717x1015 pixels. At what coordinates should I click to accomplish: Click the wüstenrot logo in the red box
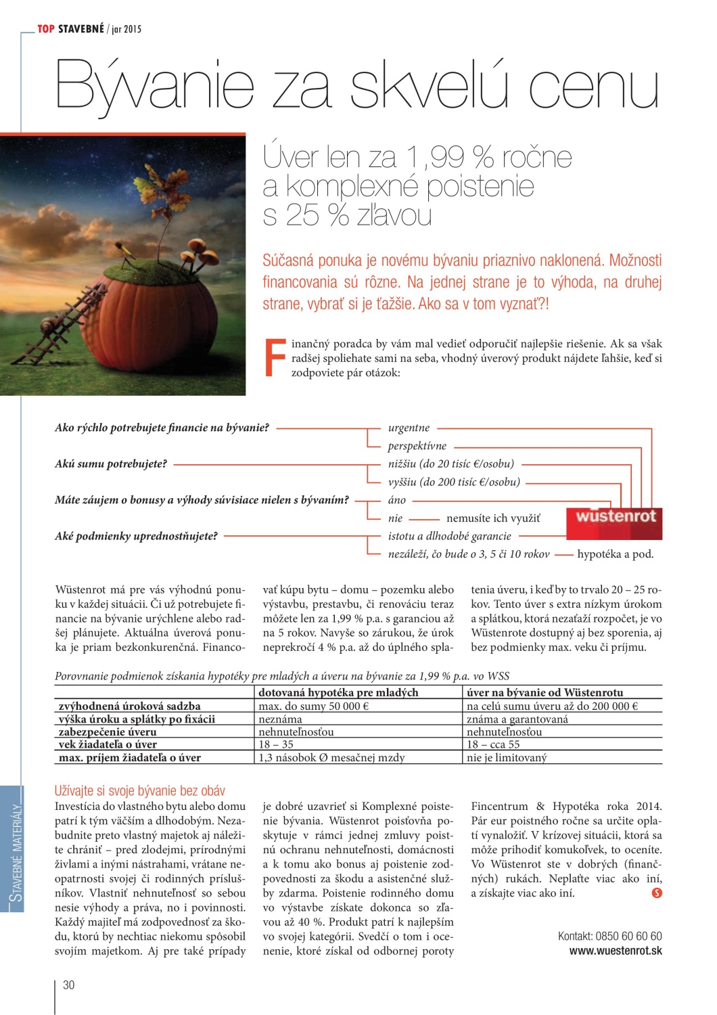[x=616, y=518]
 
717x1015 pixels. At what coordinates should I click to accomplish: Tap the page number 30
[x=68, y=985]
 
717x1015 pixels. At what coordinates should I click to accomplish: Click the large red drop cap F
[x=275, y=357]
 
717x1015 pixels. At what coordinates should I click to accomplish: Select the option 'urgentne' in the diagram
[x=409, y=428]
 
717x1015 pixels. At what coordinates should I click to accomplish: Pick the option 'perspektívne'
[x=417, y=446]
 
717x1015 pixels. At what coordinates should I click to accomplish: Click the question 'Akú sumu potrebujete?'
[x=111, y=464]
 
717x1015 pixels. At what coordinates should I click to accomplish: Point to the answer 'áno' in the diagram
[x=397, y=500]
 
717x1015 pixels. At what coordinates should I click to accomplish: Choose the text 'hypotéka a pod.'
[x=615, y=554]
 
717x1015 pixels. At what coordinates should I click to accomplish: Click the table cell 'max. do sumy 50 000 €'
[x=313, y=706]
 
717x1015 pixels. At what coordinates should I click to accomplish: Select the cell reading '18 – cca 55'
[x=493, y=744]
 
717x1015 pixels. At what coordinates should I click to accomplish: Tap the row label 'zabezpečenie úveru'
[x=108, y=732]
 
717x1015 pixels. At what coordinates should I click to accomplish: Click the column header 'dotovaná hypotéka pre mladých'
[x=338, y=693]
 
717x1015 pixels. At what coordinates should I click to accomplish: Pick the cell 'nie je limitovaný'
[x=507, y=758]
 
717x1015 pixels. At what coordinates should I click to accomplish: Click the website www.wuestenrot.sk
[x=616, y=951]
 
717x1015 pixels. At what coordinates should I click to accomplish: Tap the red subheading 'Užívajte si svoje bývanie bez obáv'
[x=140, y=790]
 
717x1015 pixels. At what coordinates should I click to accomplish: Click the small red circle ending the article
[x=656, y=893]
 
